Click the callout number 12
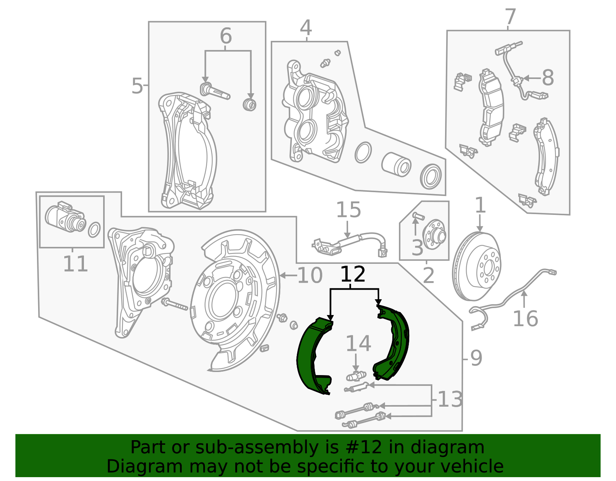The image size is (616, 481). (353, 274)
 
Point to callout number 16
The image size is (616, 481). (525, 319)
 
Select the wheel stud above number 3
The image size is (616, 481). (418, 216)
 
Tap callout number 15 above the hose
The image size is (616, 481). (348, 210)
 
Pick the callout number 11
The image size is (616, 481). (75, 264)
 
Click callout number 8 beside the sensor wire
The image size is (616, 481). (547, 78)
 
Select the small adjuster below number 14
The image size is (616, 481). (356, 375)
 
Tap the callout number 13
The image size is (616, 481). (450, 399)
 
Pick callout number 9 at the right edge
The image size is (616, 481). (476, 359)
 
